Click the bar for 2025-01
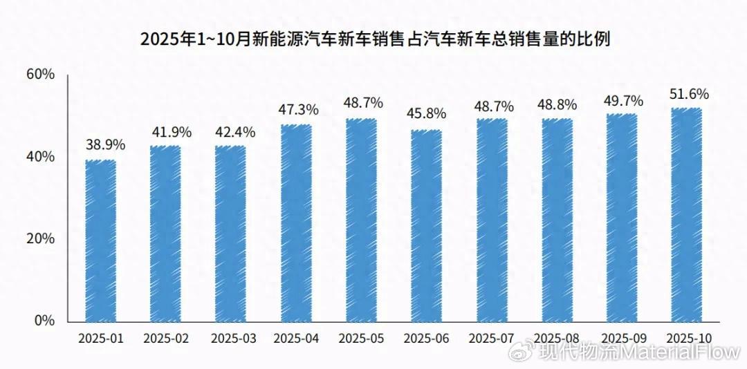100,240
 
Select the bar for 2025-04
296,223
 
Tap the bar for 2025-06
426,226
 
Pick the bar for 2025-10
687,214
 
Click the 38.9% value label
105,145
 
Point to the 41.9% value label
172,131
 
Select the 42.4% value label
236,131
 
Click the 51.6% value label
689,94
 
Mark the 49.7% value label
624,102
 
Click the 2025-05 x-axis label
361,339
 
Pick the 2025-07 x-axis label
491,339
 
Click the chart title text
376,38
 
